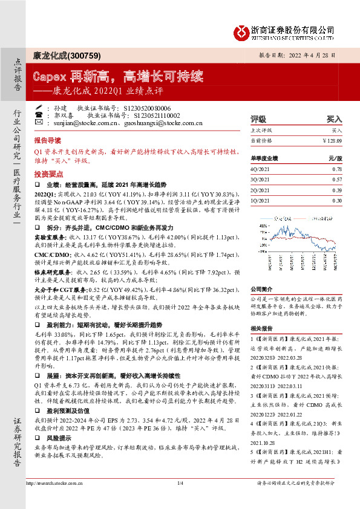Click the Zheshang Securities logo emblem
pos(243,31)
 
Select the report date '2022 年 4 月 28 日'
pos(314,54)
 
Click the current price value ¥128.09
pos(332,140)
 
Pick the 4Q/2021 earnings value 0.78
pos(337,169)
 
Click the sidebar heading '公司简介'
pos(261,289)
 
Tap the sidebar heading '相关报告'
pos(261,328)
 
